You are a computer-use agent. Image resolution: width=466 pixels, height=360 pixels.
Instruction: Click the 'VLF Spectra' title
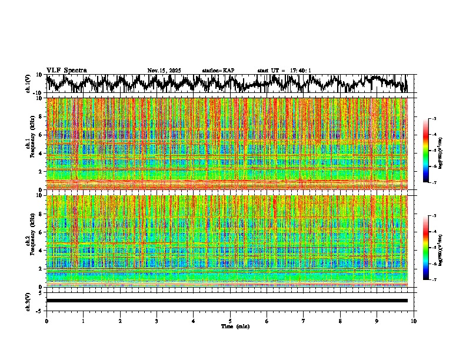[x=66, y=70]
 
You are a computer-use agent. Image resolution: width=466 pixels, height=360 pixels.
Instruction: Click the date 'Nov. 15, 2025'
[x=164, y=71]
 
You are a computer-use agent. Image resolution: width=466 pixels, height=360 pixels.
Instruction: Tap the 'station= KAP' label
[x=218, y=71]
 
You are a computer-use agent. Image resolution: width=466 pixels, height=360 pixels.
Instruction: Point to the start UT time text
[x=284, y=71]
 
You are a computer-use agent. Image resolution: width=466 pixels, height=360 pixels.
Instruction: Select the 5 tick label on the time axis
[x=230, y=321]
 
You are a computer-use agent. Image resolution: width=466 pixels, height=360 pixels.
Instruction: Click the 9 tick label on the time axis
[x=377, y=321]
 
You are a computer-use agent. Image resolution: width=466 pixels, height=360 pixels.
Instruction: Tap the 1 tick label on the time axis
[x=83, y=321]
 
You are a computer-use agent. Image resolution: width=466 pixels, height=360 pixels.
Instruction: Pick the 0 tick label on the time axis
[x=46, y=321]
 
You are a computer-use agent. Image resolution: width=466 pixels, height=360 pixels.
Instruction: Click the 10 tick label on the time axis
[x=414, y=321]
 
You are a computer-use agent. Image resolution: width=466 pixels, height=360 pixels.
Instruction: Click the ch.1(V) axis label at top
[x=28, y=84]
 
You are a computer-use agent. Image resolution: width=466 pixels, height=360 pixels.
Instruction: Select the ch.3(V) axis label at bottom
[x=28, y=301]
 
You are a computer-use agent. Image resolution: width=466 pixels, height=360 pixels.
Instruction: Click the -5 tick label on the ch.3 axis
[x=40, y=310]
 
